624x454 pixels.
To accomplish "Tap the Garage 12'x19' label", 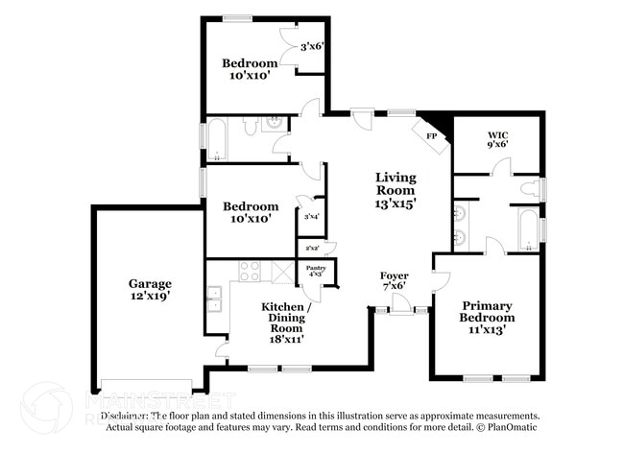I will tap(151, 290).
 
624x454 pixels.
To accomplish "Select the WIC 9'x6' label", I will tap(496, 139).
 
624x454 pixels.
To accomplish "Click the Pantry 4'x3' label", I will tap(316, 273).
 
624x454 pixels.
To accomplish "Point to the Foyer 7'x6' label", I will tap(395, 279).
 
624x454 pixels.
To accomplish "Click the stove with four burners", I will tap(250, 271).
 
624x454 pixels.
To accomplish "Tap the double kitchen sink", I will tap(216, 299).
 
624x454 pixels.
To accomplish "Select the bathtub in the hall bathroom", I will tap(218, 138).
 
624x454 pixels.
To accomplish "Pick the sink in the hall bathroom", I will tap(274, 123).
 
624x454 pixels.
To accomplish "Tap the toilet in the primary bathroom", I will tap(529, 190).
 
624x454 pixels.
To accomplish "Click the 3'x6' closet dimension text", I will tap(312, 46).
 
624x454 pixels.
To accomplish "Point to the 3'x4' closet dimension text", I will tap(311, 217).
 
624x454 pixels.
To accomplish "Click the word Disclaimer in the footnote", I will tap(124, 416).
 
